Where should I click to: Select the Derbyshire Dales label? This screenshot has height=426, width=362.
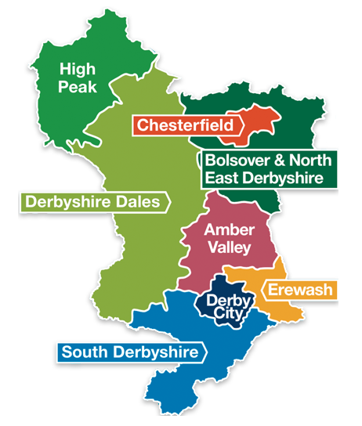pyautogui.click(x=92, y=202)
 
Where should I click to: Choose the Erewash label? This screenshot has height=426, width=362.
pyautogui.click(x=300, y=291)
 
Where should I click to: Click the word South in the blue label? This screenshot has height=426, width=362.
pyautogui.click(x=86, y=352)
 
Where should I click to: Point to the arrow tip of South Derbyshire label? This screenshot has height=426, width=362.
pyautogui.click(x=206, y=352)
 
